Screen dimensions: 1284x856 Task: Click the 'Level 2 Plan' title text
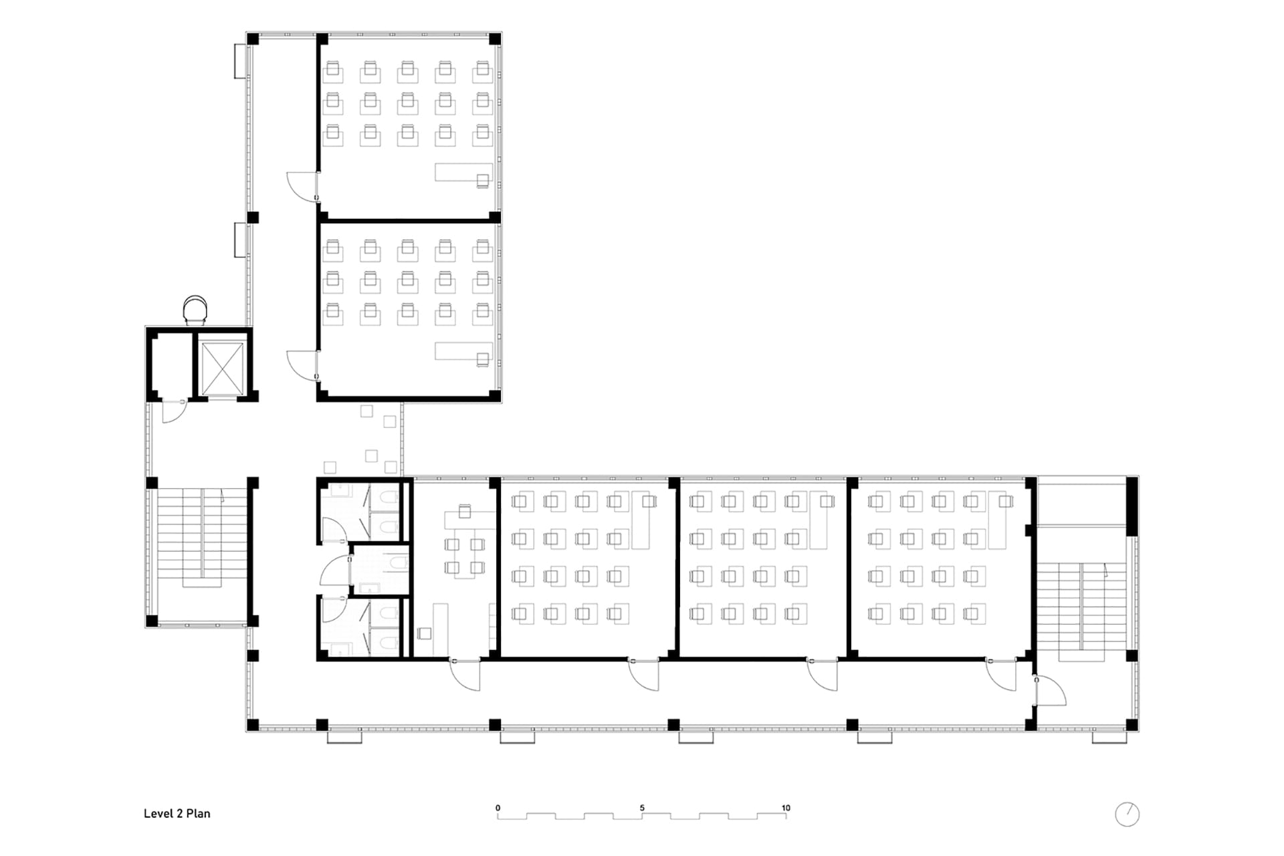tap(177, 813)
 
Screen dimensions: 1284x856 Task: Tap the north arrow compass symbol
tap(1127, 814)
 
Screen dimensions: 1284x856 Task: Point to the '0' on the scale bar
tap(498, 808)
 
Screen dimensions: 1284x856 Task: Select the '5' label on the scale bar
tap(642, 808)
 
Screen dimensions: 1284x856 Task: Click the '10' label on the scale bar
tap(786, 808)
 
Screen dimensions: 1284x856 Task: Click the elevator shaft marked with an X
tap(222, 368)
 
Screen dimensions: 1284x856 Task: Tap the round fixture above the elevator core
tap(195, 309)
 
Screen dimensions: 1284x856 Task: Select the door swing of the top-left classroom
tap(302, 186)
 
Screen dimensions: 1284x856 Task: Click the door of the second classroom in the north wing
tap(302, 365)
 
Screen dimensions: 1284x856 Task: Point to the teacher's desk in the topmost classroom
tap(464, 173)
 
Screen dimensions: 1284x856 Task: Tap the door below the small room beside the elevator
tap(174, 411)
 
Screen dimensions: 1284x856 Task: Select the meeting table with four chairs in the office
tap(464, 556)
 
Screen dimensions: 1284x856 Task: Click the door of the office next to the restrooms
tap(465, 675)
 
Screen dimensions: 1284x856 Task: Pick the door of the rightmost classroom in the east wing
tap(1001, 675)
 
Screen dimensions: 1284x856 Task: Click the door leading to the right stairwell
tap(1050, 691)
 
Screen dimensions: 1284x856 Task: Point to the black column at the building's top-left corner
tap(253, 39)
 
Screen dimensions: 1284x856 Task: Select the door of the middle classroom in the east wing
tap(823, 675)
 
